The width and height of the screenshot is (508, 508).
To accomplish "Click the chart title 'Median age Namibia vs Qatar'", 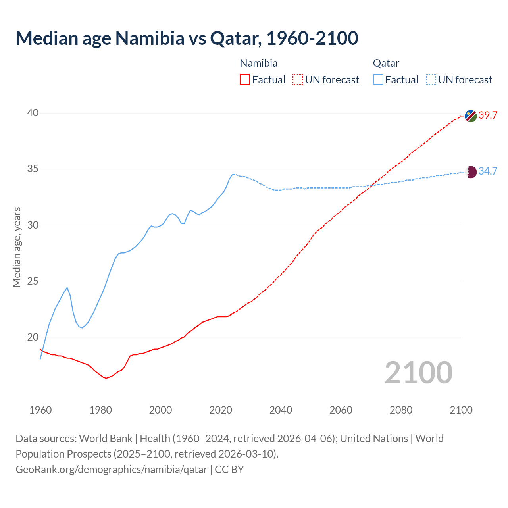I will [x=187, y=38].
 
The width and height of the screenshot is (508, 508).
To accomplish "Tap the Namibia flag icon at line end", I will [x=471, y=116].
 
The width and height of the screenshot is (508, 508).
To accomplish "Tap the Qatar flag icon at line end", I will [x=471, y=172].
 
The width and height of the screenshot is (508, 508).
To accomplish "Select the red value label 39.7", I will [x=488, y=115].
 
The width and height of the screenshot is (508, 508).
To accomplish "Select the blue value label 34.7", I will [x=488, y=171].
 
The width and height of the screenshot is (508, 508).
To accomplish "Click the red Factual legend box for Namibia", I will [x=245, y=80].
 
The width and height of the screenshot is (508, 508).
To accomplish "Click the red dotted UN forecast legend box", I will [x=298, y=80].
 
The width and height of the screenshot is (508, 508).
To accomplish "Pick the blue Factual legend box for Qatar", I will [x=378, y=80].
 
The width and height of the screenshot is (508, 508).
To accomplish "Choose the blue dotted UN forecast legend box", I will [x=431, y=80].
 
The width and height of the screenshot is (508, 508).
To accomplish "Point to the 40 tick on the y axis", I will [x=33, y=113].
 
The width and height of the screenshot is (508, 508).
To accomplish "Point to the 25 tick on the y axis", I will [x=33, y=281].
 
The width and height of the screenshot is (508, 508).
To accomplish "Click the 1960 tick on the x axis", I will [x=40, y=410].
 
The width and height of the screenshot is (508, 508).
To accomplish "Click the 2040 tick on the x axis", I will [x=281, y=410].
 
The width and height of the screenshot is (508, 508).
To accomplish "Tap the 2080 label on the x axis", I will [x=401, y=410].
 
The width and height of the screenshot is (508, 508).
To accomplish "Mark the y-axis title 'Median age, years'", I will [x=17, y=247].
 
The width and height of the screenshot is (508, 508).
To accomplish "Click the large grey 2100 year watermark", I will [x=419, y=373].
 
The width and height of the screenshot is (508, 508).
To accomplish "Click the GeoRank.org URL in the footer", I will [x=111, y=470].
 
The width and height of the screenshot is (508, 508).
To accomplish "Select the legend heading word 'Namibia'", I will [x=259, y=63].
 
